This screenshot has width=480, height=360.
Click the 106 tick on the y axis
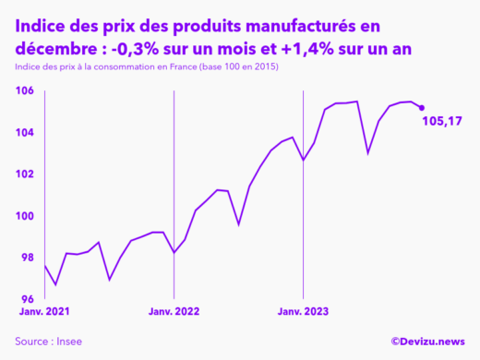tap(24, 90)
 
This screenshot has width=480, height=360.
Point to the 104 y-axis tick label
tap(24, 132)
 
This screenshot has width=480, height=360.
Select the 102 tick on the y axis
tap(24, 174)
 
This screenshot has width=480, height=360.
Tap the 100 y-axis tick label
tap(24, 216)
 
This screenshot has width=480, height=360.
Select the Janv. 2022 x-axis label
tap(174, 312)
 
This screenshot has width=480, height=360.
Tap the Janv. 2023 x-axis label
tap(304, 312)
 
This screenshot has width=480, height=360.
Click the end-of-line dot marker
tap(422, 108)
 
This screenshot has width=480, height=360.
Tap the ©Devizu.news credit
tap(427, 341)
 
